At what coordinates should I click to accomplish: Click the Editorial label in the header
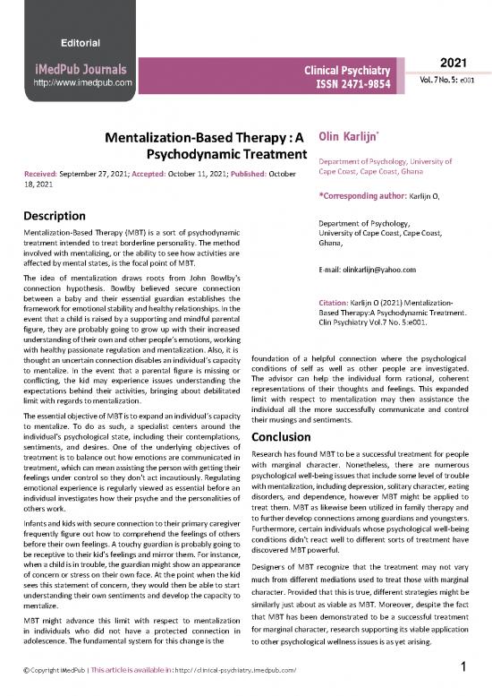point(81,43)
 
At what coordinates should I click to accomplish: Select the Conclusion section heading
point(291,437)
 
